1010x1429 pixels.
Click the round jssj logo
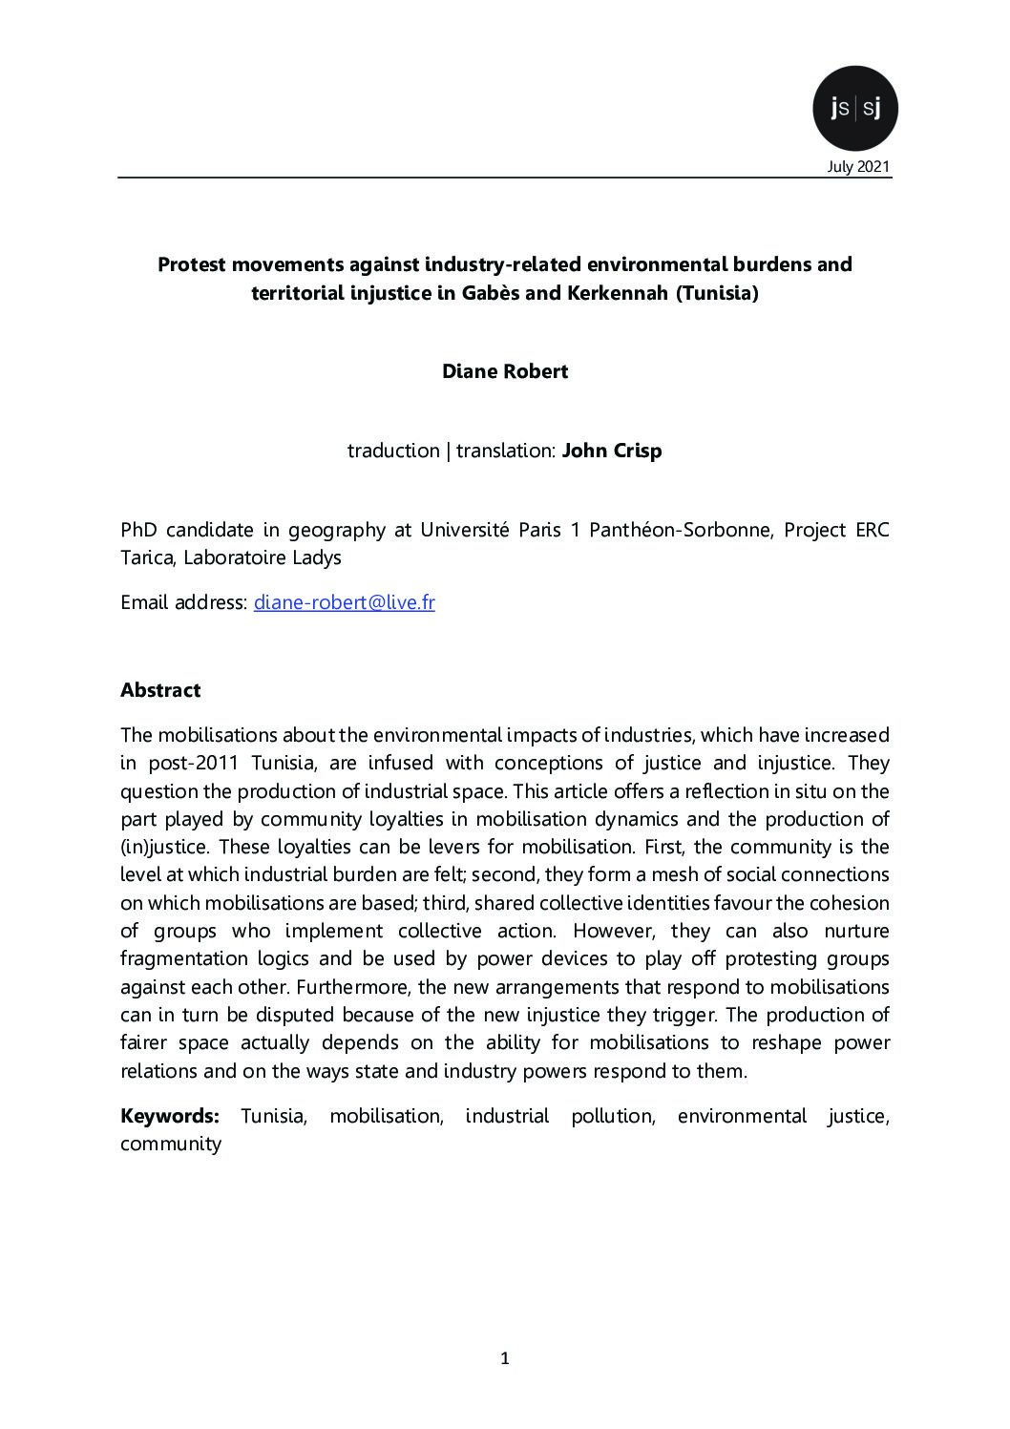(854, 109)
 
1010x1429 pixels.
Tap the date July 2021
(858, 167)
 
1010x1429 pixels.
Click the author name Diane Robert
(504, 371)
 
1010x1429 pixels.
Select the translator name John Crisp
(611, 451)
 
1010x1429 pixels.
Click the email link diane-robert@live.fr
(344, 602)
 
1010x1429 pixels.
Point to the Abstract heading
(160, 689)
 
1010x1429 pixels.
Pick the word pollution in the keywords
(612, 1115)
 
